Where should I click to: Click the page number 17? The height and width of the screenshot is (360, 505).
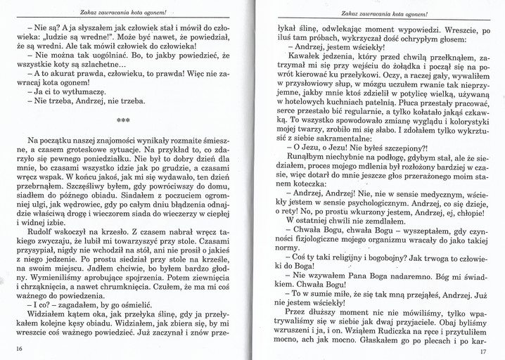pyautogui.click(x=482, y=352)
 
